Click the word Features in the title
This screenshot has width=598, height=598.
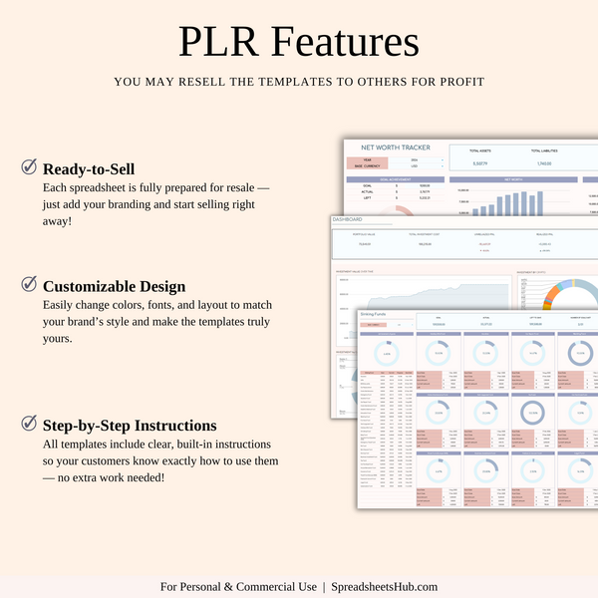[x=341, y=43]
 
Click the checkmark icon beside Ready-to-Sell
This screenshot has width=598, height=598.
[x=29, y=166]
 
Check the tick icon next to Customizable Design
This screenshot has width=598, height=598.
[x=29, y=284]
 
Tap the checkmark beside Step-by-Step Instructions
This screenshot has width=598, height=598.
[x=29, y=424]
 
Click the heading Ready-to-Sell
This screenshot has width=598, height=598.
[x=89, y=168]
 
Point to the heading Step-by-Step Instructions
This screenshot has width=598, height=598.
[x=130, y=425]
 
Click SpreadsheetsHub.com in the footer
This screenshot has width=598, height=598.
[x=385, y=586]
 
